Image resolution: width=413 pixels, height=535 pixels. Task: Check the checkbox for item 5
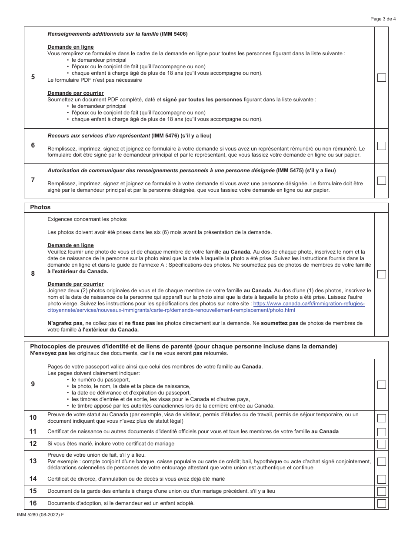(381, 78)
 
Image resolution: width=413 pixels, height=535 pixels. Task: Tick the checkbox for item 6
(381, 146)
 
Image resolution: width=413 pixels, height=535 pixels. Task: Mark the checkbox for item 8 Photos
(381, 274)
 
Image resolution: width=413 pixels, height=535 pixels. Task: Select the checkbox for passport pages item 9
(381, 385)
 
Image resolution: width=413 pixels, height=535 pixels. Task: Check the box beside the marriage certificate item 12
(381, 444)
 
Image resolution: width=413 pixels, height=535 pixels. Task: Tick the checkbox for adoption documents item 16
(381, 503)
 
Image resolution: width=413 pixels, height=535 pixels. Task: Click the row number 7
(33, 180)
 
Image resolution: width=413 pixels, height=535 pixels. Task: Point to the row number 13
(33, 461)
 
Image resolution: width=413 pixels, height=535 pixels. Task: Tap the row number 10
(33, 418)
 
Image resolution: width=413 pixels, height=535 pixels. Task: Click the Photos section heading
(40, 207)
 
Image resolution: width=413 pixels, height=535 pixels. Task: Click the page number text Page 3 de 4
(383, 19)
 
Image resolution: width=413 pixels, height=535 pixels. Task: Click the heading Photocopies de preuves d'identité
(183, 346)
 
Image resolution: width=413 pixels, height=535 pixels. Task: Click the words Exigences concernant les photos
(87, 219)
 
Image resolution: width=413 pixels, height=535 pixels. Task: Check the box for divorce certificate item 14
(381, 479)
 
